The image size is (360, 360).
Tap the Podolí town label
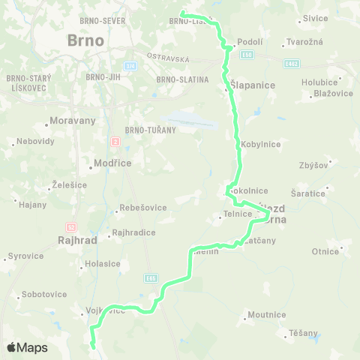(x=250, y=42)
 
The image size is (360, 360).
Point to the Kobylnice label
(x=262, y=143)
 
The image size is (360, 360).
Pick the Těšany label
(x=304, y=332)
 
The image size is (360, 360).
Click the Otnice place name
(x=326, y=251)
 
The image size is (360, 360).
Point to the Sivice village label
(x=316, y=18)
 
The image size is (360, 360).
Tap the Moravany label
(x=70, y=121)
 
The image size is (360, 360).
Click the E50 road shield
(x=248, y=55)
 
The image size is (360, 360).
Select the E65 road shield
(x=151, y=277)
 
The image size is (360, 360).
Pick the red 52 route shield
(x=71, y=226)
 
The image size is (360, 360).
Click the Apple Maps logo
(x=26, y=347)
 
